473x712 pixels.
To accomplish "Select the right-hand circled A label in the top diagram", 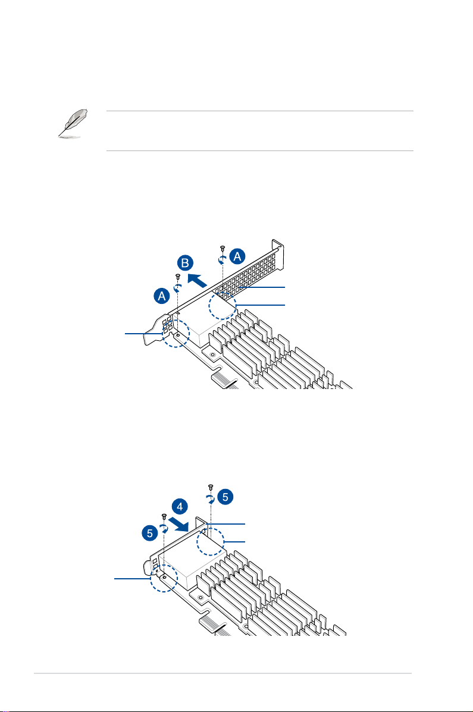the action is click(237, 256).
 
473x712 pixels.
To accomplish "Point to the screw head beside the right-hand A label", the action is click(222, 247).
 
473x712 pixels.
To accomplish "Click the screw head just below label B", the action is click(177, 276).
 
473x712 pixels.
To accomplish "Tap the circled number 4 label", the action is click(180, 508).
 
